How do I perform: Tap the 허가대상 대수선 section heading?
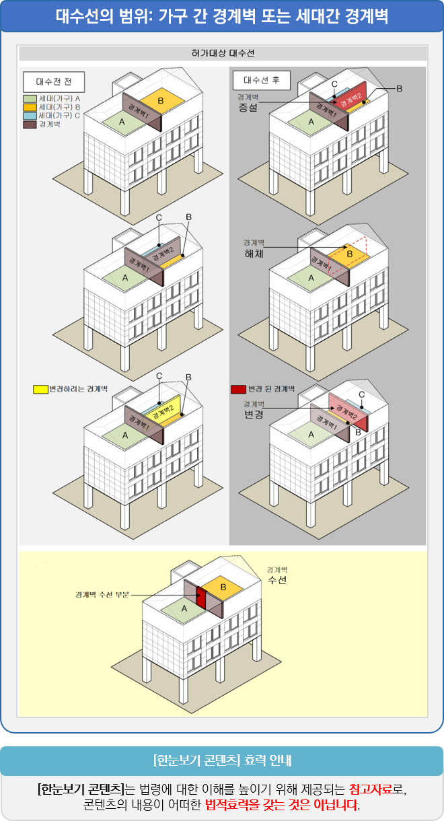[223, 53]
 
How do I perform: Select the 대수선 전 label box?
[54, 81]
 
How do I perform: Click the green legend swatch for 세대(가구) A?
[30, 98]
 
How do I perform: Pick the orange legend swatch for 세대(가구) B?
[30, 107]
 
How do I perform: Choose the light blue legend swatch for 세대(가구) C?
[30, 116]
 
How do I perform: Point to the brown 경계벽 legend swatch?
[30, 124]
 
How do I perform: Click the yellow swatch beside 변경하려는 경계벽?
[40, 389]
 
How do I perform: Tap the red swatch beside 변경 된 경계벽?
[238, 389]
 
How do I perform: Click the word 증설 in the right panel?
[248, 107]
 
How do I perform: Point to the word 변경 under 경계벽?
[253, 415]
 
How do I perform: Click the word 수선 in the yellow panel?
[277, 580]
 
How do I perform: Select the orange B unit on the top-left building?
[159, 101]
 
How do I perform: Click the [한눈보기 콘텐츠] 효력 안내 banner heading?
[222, 761]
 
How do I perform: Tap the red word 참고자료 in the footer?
[371, 789]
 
